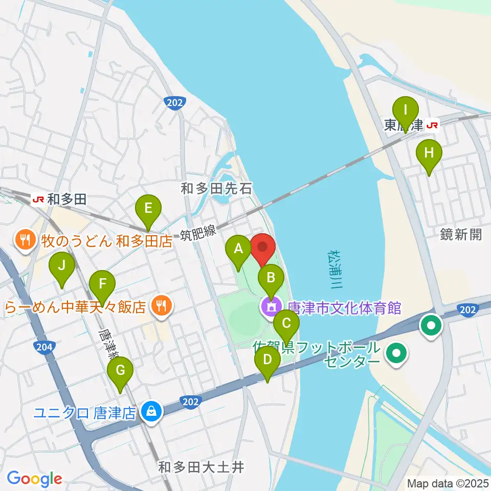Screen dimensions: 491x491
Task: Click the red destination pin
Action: [x=263, y=249]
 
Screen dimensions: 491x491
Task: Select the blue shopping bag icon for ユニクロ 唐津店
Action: [x=151, y=411]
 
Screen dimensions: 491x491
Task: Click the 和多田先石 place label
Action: [x=217, y=189]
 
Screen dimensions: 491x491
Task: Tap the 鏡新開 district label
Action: [x=461, y=234]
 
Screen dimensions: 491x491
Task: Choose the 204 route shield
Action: [x=43, y=348]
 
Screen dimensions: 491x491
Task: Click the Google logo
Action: [x=34, y=479]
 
